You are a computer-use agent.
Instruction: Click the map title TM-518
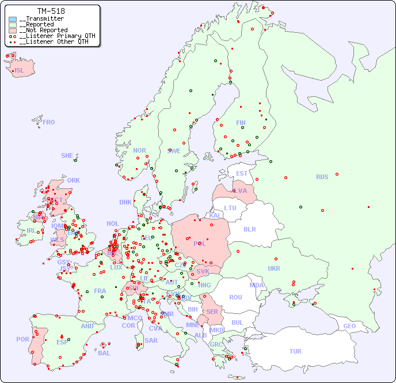(51, 11)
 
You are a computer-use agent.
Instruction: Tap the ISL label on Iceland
(19, 71)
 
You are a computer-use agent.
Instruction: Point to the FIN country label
(241, 123)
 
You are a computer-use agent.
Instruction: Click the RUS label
(322, 177)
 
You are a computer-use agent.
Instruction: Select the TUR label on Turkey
(295, 351)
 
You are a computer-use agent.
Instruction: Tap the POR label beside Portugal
(22, 339)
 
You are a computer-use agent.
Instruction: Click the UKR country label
(274, 268)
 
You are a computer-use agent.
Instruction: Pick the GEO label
(349, 326)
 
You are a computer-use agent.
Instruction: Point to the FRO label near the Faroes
(49, 122)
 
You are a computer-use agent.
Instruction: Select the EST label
(242, 173)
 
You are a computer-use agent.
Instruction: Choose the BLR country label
(249, 229)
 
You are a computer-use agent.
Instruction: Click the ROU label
(235, 297)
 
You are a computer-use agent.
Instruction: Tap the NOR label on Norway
(139, 150)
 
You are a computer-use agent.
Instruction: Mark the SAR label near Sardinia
(151, 340)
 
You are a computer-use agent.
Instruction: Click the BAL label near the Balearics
(104, 353)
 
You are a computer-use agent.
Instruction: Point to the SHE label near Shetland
(67, 156)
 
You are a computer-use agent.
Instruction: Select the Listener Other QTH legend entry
(54, 41)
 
